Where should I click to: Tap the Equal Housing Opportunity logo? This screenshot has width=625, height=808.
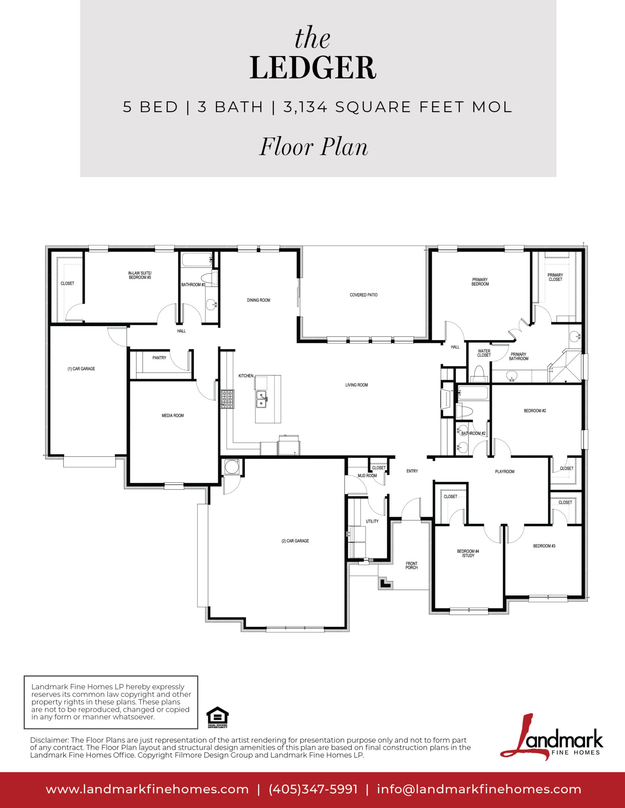coord(218,717)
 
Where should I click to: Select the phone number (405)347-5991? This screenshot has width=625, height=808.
coord(313,789)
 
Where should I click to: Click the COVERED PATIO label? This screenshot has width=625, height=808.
coord(363,295)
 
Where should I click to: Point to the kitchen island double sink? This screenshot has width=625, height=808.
coord(261,399)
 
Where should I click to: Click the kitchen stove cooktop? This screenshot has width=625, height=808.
coord(227,399)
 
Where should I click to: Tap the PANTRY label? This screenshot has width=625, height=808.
coord(159,358)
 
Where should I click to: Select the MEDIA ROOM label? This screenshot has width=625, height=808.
coord(173,415)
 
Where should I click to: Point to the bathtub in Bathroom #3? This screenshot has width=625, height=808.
coord(197,260)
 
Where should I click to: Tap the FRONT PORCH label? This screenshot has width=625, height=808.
coord(411,565)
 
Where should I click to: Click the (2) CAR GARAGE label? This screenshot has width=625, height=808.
coord(295,541)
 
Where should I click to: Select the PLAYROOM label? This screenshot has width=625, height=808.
coord(504,471)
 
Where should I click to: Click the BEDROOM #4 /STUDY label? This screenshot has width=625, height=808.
coord(468,553)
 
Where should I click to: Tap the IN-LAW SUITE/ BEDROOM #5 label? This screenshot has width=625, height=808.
coord(140,275)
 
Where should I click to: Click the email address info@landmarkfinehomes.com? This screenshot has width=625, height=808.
coord(479,789)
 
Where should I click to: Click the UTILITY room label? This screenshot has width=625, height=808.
coord(372,521)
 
